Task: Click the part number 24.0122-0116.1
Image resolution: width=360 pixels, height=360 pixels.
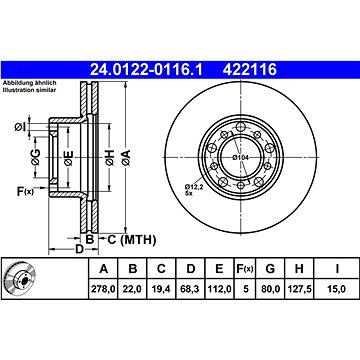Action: pos(146,70)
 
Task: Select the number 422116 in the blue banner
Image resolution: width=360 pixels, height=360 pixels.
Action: pos(250,70)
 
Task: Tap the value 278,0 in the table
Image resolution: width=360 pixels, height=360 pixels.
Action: pos(104,289)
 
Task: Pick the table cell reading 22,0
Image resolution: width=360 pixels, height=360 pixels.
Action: pos(133,289)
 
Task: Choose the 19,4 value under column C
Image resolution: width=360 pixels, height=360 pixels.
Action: pos(161,289)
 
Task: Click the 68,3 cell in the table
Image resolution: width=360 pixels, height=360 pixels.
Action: pos(190,289)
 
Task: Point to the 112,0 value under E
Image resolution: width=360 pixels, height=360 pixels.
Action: pos(219,289)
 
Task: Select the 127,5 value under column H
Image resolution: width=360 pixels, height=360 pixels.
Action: pos(299,289)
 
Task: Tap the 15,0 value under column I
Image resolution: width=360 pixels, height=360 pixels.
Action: pos(337,289)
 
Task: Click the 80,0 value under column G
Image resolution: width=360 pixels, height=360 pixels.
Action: pos(270,289)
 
